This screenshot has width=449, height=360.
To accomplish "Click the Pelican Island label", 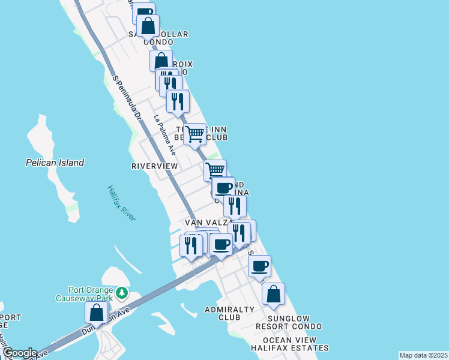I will coord(55,163).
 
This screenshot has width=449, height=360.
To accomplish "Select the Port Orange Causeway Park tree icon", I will coord(122,292).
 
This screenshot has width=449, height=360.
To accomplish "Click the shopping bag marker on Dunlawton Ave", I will coord(96,312).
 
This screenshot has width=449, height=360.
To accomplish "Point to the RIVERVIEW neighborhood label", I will coord(155,166).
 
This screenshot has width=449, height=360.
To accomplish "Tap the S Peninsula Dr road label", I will coord(126,97).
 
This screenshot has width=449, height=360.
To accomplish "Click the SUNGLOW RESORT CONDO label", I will coord(289,322).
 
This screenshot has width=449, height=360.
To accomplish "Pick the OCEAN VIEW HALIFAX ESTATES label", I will coord(292,343).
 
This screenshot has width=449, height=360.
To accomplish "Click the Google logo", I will coord(19,353).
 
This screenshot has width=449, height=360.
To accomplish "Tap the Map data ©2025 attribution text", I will coord(423,355).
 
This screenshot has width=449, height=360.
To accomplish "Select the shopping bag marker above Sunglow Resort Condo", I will coord(273,294).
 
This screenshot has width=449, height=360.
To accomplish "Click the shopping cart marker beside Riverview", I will coord(215,170).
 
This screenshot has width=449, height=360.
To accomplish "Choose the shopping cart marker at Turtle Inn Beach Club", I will coord(194,134).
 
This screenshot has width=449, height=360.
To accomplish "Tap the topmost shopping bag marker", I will coord(148,26).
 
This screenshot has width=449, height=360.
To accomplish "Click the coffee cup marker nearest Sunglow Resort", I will coord(259,266).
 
